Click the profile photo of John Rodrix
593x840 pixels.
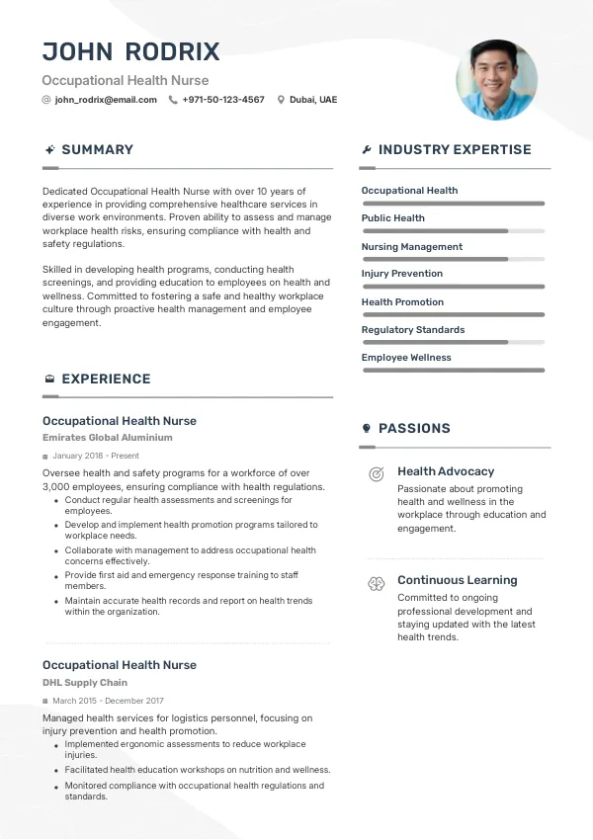(x=496, y=80)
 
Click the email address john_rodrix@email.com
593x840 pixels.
(x=106, y=100)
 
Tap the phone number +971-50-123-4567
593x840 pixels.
(x=223, y=100)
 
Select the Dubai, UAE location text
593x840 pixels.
(x=313, y=100)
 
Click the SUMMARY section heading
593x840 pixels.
(x=97, y=150)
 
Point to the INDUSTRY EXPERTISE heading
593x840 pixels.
(x=455, y=150)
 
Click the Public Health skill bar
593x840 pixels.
(x=453, y=231)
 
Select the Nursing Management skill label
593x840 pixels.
(x=411, y=246)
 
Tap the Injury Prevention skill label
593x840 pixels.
(x=401, y=274)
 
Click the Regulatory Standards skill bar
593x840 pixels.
(x=453, y=343)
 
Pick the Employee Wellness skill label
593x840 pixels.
(x=406, y=358)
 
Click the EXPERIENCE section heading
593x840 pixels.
(x=106, y=378)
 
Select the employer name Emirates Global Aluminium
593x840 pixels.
(x=108, y=437)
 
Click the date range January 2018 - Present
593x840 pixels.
(x=96, y=457)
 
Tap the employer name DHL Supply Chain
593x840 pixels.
(x=85, y=683)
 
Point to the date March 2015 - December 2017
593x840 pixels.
(x=108, y=701)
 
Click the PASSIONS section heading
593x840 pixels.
(x=414, y=428)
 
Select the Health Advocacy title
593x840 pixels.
(x=446, y=471)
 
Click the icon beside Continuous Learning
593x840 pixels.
(x=376, y=584)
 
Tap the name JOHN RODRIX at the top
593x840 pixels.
(x=130, y=52)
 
